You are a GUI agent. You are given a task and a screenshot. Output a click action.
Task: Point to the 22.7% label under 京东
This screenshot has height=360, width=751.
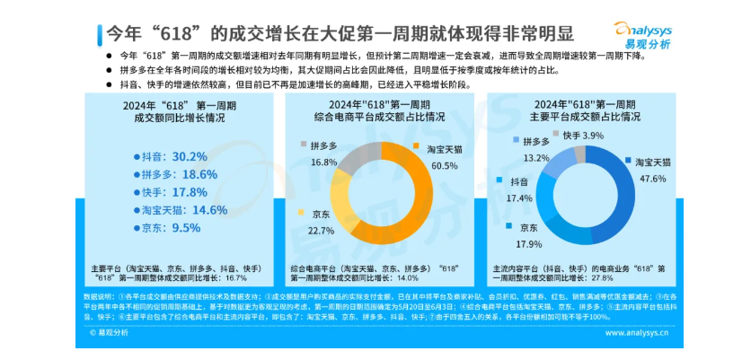coord(322,232)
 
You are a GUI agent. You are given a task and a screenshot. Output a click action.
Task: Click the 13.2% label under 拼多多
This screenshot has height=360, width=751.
coord(535,157)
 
